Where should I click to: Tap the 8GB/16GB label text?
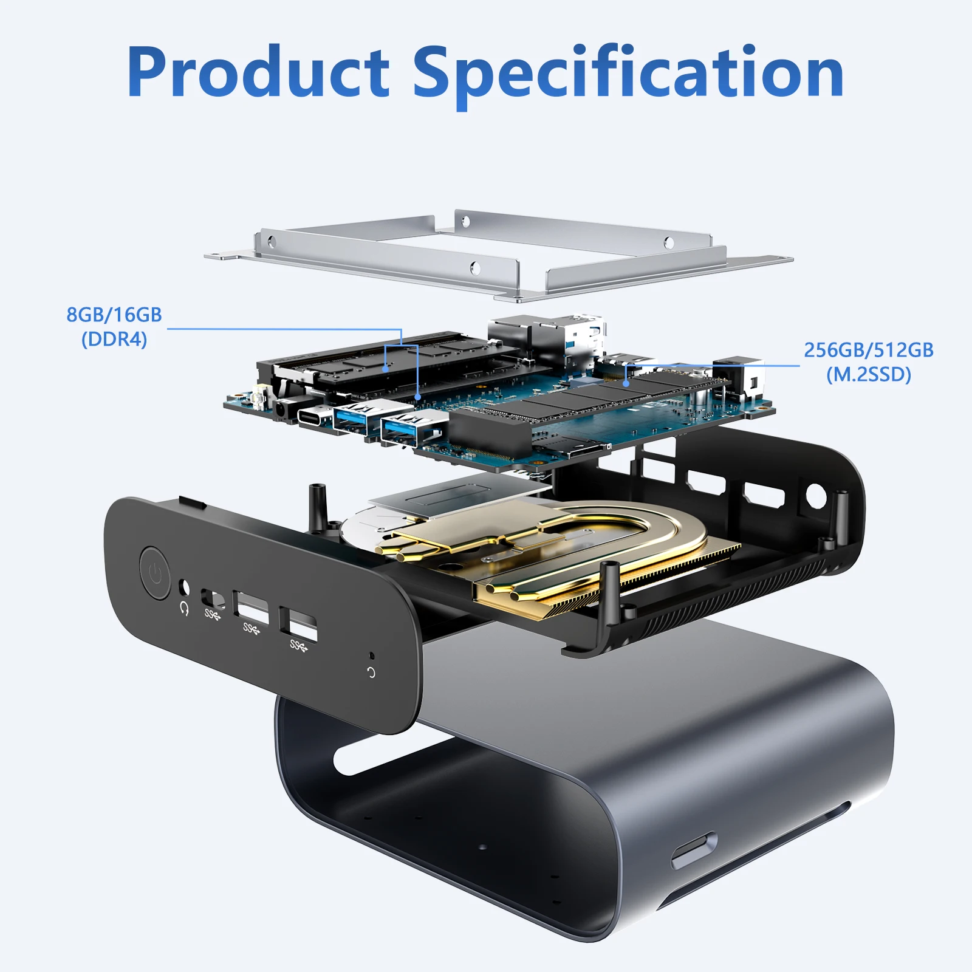114,315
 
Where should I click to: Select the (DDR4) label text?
114,339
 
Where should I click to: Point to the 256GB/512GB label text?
869,350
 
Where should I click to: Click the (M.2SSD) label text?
869,374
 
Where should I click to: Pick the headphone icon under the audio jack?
185,607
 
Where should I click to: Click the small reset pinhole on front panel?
372,656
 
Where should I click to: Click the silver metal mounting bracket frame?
498,255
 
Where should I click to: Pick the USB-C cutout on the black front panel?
213,599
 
